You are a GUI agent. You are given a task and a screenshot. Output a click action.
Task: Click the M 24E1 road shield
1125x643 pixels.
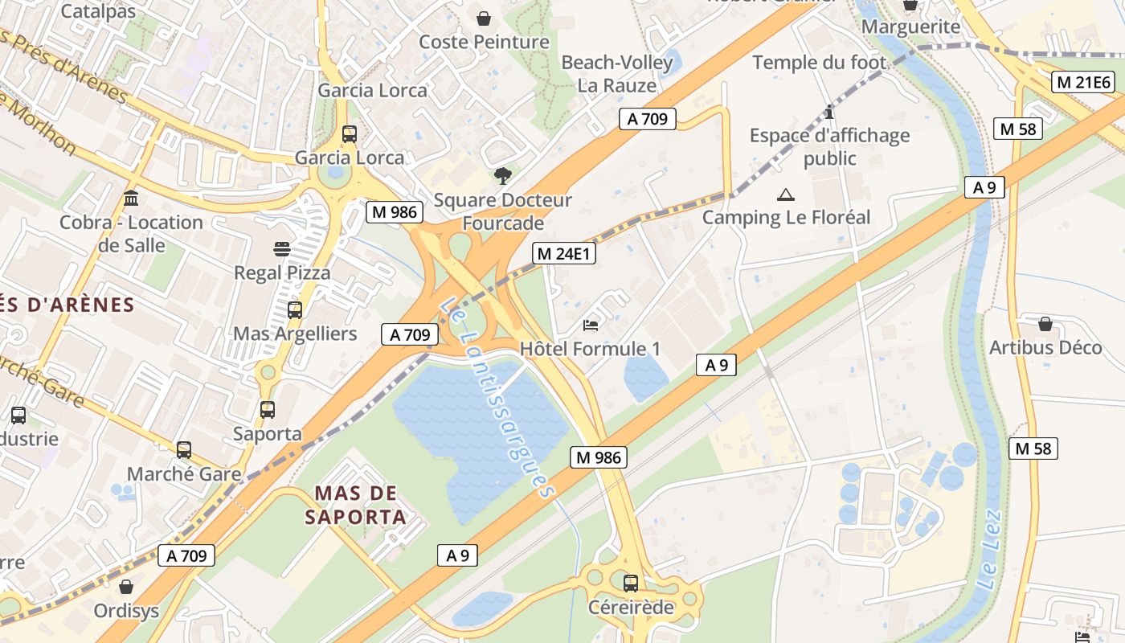pyautogui.click(x=564, y=254)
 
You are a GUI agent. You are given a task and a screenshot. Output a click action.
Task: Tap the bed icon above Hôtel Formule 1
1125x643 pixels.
pyautogui.click(x=591, y=326)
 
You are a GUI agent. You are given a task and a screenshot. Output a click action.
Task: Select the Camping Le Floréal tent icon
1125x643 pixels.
pyautogui.click(x=785, y=195)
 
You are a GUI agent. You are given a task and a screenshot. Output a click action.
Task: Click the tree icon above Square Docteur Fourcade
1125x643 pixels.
pyautogui.click(x=503, y=175)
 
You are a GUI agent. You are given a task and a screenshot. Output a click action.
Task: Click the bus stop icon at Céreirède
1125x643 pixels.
pyautogui.click(x=631, y=583)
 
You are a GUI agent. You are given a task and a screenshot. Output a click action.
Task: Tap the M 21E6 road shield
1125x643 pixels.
pyautogui.click(x=1083, y=82)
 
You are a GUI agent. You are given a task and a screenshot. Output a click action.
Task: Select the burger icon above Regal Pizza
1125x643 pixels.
pyautogui.click(x=282, y=249)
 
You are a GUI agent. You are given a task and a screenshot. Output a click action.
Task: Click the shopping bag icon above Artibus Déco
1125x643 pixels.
pyautogui.click(x=1045, y=324)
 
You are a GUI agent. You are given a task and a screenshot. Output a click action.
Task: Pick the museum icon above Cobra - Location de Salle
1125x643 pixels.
pyautogui.click(x=131, y=198)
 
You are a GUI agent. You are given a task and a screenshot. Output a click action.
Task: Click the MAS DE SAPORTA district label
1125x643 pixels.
pyautogui.click(x=356, y=505)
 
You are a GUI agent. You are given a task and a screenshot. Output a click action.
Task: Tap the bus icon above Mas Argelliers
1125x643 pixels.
pyautogui.click(x=295, y=309)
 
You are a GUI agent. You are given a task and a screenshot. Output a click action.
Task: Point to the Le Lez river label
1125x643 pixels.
pyautogui.click(x=990, y=551)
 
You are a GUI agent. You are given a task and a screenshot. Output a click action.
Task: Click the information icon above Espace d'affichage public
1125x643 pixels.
pyautogui.click(x=830, y=112)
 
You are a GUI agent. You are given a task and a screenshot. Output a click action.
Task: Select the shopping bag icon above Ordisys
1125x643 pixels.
pyautogui.click(x=126, y=587)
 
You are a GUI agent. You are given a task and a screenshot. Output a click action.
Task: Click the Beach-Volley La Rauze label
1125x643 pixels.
pyautogui.click(x=617, y=74)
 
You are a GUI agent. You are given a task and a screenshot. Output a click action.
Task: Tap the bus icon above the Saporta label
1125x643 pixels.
pyautogui.click(x=268, y=410)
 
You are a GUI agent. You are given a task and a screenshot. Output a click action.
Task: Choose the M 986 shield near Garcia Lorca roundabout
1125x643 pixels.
pyautogui.click(x=394, y=212)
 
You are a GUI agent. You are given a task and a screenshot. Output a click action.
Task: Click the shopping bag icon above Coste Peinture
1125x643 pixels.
pyautogui.click(x=485, y=18)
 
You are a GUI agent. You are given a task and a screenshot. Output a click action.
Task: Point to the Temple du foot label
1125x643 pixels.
pyautogui.click(x=819, y=62)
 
